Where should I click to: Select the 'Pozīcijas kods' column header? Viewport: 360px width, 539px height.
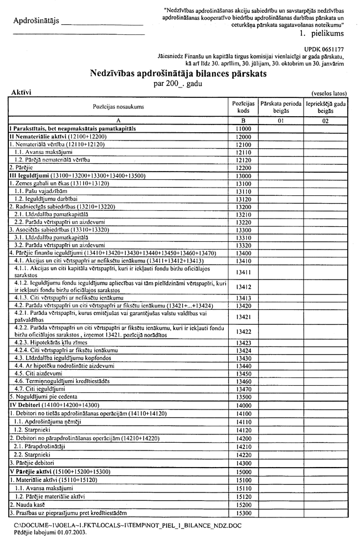click(243, 106)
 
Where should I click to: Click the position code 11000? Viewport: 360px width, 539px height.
click(243, 128)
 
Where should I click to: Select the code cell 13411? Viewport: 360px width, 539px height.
click(243, 272)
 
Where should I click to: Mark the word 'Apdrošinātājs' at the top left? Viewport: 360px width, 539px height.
click(34, 22)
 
